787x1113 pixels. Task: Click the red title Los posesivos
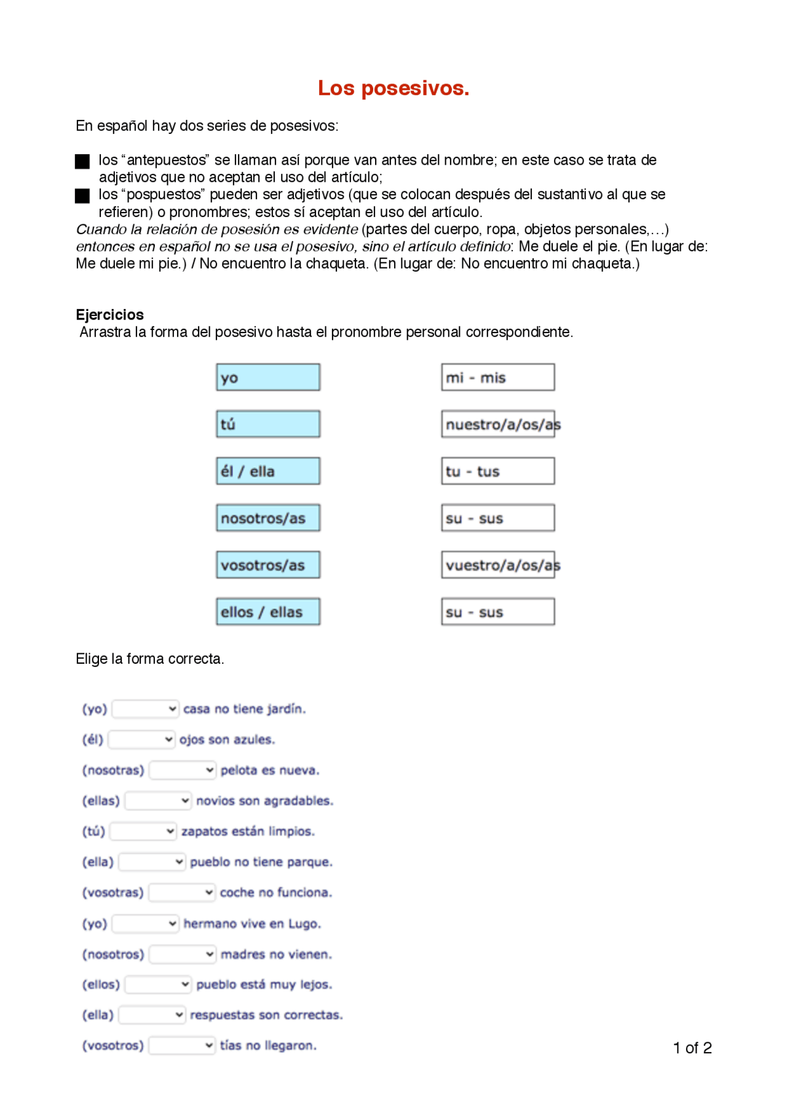pos(393,88)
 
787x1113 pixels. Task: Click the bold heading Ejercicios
pos(109,315)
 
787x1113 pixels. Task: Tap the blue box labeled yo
pos(268,377)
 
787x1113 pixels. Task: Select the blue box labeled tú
pos(268,424)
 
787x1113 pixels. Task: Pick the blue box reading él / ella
pos(268,471)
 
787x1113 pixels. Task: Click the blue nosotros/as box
pos(268,518)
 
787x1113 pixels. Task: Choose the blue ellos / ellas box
pos(268,612)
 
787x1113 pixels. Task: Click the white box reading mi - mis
pos(497,377)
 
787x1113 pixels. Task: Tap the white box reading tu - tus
pos(497,471)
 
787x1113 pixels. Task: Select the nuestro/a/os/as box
pos(497,424)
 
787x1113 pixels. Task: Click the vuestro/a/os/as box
pos(497,565)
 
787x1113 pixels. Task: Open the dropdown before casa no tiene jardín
pos(146,709)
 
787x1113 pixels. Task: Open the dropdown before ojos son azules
pos(142,739)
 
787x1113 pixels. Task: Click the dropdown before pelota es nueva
pos(183,770)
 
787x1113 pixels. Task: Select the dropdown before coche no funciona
pos(182,892)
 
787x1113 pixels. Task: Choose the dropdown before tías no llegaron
pos(182,1045)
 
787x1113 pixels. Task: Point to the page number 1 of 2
pos(692,1048)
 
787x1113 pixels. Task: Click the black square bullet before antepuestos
pos(82,162)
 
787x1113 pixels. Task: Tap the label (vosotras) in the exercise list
pos(113,892)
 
